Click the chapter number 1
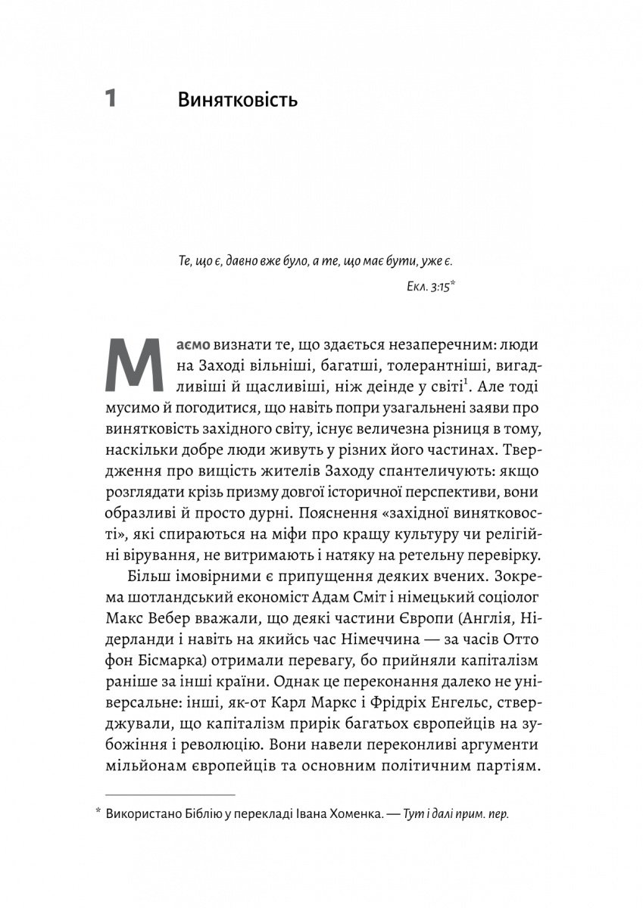pyautogui.click(x=111, y=99)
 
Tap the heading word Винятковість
pyautogui.click(x=236, y=100)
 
